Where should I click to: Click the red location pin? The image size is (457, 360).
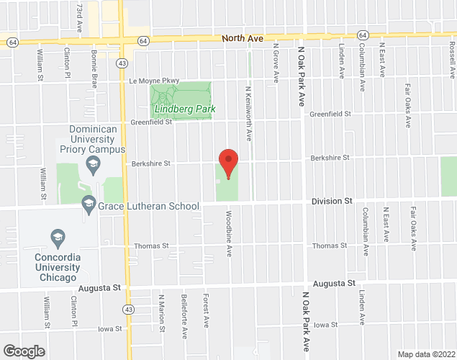pyautogui.click(x=228, y=163)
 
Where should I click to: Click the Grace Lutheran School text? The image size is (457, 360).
pyautogui.click(x=148, y=206)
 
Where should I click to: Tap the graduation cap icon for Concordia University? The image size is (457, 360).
pyautogui.click(x=56, y=236)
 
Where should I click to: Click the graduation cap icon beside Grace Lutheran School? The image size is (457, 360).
pyautogui.click(x=89, y=205)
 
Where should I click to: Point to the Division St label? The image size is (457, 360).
pyautogui.click(x=332, y=202)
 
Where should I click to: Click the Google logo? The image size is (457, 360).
pyautogui.click(x=23, y=351)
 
